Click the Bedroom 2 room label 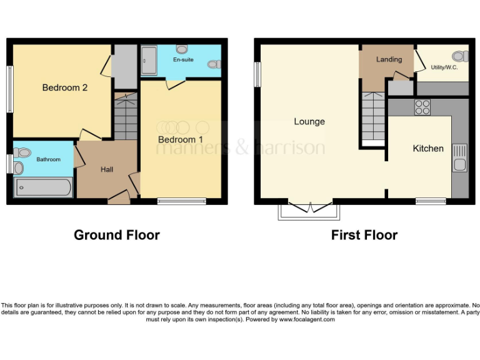point(64,88)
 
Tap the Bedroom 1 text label point(180,139)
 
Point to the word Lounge point(309,121)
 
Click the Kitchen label point(428,149)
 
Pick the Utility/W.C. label point(444,67)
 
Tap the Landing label point(388,59)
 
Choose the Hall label point(107,169)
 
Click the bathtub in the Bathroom point(43,187)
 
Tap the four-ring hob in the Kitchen point(422,107)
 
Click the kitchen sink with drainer point(459,158)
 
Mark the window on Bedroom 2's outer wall point(9,89)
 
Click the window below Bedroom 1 point(181,201)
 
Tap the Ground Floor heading point(117,235)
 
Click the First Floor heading point(364,235)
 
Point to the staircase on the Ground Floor point(126,117)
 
